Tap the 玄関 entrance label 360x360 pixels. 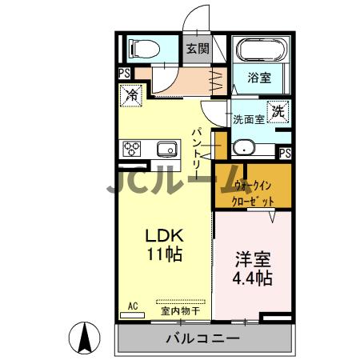tap(198, 48)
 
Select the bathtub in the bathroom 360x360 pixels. tap(260, 50)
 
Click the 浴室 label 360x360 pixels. tap(258, 78)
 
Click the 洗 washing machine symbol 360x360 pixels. tap(278, 112)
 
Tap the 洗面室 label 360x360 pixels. tap(248, 120)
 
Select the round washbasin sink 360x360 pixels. tap(245, 147)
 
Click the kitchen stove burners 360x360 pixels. tap(132, 149)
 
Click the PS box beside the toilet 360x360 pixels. tap(125, 73)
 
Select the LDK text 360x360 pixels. tap(164, 236)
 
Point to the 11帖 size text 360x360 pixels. tap(164, 255)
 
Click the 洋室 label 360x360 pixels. tap(253, 260)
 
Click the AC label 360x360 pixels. tap(133, 306)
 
